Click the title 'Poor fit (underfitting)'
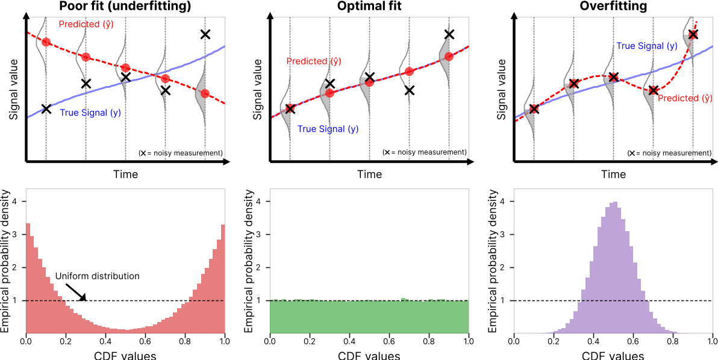point(125,7)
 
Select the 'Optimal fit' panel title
point(369,7)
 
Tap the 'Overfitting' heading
point(613,7)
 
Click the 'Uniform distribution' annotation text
point(98,276)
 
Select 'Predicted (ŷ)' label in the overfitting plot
point(685,98)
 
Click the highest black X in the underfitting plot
point(205,34)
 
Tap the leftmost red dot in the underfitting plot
point(46,42)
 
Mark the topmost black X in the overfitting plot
point(693,34)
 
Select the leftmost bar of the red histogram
point(28,278)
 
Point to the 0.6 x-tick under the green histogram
point(389,341)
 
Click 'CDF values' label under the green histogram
point(369,355)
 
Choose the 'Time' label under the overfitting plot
point(613,175)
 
